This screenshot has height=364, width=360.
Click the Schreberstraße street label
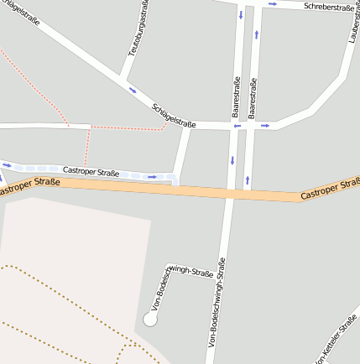pos(328,7)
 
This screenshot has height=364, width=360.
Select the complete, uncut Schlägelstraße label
pos(174,116)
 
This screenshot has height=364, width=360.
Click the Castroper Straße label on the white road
pos(91,171)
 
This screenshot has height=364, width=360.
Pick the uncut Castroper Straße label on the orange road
pos(330,189)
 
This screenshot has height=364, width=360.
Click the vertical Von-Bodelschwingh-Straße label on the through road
pos(217,302)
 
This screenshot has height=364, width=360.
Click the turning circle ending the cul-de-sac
pos(150,319)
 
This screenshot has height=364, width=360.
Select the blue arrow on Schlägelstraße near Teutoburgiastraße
pos(132,90)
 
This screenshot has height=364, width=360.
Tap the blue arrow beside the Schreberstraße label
pos(273,4)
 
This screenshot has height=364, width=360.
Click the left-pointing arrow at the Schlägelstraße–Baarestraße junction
pos(237,126)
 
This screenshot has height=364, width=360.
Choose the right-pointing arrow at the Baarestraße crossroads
pos(264,126)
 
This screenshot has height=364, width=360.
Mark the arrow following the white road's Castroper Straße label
pos(152,176)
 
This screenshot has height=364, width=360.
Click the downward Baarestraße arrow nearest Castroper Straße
pos(232,160)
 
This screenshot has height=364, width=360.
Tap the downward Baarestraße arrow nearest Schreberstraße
pos(242,15)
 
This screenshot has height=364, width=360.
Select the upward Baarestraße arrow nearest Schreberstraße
pos(257,35)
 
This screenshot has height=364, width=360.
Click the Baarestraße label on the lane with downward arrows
pos(236,96)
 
